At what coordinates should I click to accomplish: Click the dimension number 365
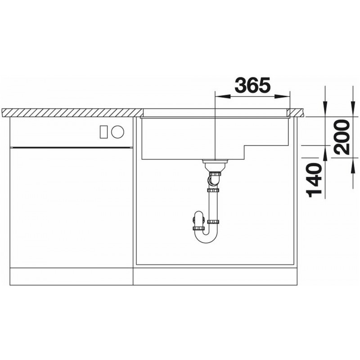point(252,85)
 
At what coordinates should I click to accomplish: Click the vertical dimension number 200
point(342,137)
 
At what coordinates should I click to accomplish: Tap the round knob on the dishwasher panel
point(117,132)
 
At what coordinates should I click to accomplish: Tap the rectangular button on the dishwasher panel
point(104,132)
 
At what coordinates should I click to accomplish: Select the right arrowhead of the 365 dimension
point(282,97)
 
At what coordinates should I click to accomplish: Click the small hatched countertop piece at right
point(297,112)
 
